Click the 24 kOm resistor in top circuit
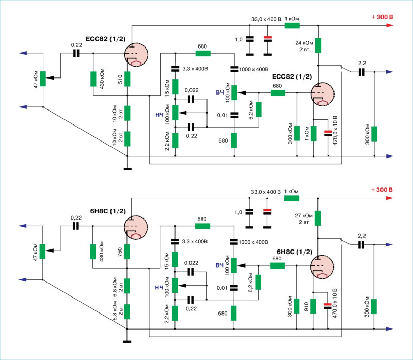click(x=319, y=45)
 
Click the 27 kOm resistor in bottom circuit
click(x=319, y=218)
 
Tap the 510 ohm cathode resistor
click(x=127, y=79)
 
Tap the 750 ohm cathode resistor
click(x=127, y=252)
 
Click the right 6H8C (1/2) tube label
click(x=291, y=252)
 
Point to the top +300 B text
click(x=382, y=17)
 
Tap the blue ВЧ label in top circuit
click(x=220, y=93)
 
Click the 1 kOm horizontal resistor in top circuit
click(x=292, y=25)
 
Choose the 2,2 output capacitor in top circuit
click(x=362, y=72)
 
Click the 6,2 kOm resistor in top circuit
click(x=259, y=109)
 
